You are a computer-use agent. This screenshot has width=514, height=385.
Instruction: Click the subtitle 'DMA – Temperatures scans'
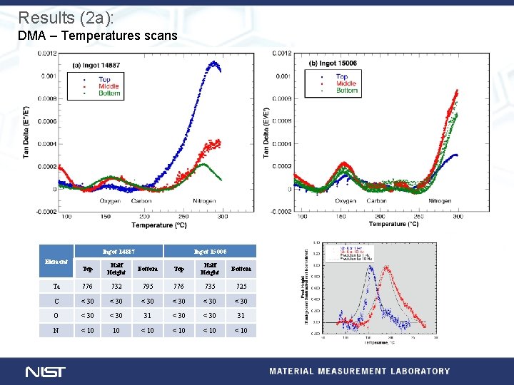98,36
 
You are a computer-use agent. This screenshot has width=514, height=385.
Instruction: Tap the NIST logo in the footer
45,371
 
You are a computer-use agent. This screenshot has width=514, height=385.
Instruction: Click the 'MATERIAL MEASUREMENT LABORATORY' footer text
360,371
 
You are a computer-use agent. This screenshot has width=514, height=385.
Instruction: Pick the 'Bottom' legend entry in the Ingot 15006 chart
346,91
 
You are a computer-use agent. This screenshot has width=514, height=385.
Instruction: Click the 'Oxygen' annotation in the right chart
345,201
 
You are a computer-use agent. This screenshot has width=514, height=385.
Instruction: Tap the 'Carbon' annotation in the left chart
141,201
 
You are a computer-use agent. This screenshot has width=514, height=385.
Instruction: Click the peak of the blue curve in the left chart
213,63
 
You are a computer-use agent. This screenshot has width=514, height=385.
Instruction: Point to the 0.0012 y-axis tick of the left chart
48,53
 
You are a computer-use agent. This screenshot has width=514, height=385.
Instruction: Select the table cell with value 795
148,286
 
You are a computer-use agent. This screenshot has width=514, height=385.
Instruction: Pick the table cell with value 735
210,286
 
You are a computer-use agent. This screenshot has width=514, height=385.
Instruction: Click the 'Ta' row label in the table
56,286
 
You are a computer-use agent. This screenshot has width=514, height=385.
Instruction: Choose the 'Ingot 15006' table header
210,251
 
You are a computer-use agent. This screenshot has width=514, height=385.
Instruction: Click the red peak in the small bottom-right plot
388,269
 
